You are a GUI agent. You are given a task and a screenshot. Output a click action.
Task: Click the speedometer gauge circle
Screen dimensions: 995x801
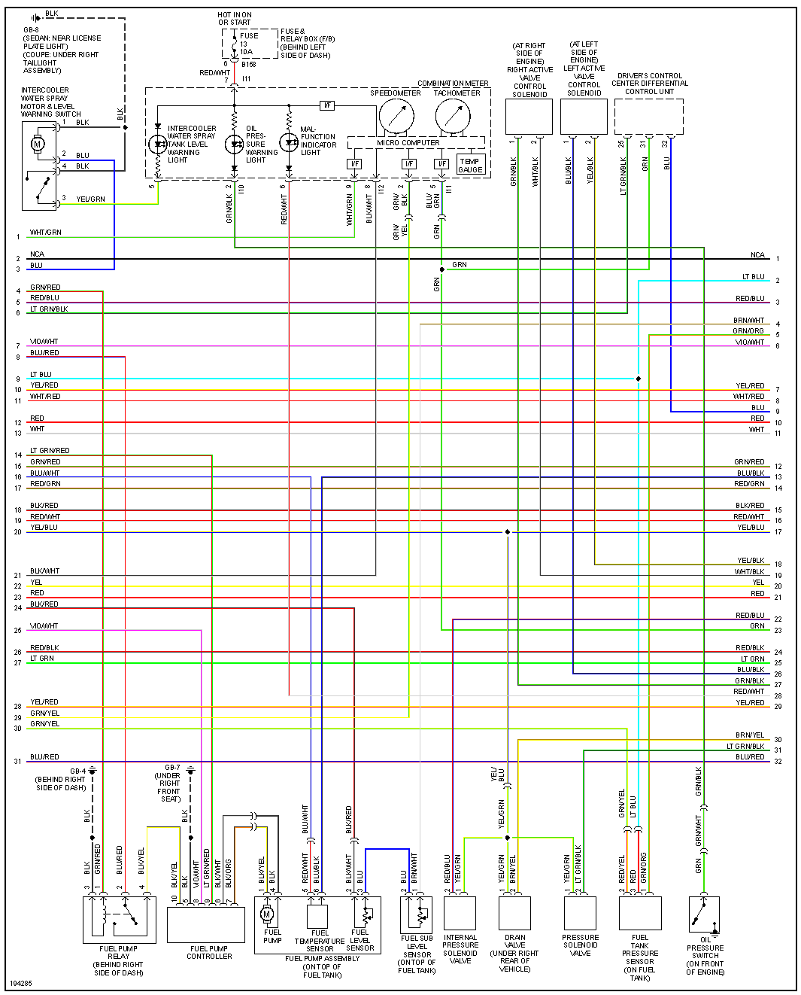coord(396,116)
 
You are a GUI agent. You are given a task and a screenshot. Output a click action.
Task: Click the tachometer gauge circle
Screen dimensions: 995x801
coord(453,116)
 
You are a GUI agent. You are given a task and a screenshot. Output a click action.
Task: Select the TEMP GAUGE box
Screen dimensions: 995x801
coord(470,165)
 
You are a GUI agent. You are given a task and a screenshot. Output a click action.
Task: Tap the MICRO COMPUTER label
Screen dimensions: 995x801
coord(408,142)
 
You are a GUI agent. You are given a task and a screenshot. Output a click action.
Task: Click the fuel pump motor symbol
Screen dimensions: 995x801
coord(266,914)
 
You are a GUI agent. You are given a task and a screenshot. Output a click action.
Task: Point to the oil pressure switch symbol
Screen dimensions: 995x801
coord(704,914)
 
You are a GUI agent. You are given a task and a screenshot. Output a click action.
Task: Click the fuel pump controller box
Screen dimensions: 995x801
coord(206,925)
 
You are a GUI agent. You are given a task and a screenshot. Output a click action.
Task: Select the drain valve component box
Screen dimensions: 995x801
coord(515,913)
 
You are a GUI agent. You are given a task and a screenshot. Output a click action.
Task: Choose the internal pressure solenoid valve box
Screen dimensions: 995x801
coord(460,913)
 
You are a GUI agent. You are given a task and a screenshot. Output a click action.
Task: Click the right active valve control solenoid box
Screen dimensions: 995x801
coord(529,117)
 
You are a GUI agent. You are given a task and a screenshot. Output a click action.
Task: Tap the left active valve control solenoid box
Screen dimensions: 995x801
coord(584,117)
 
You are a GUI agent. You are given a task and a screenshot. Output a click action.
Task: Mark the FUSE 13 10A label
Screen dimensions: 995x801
coord(247,44)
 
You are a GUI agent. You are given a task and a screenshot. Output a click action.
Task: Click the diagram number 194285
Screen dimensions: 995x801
coord(21,983)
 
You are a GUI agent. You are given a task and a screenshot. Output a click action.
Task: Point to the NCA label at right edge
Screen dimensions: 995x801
coord(757,255)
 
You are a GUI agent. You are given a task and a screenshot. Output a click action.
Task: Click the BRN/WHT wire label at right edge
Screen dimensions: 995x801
coord(748,321)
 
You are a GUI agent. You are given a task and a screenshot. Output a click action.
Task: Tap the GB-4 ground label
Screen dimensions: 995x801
coord(77,771)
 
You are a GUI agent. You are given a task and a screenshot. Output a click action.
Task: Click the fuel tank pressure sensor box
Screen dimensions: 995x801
coord(640,913)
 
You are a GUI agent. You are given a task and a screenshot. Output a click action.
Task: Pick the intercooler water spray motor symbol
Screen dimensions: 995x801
coord(38,144)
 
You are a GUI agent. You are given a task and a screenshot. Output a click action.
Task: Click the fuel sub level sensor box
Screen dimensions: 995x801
coord(417,914)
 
